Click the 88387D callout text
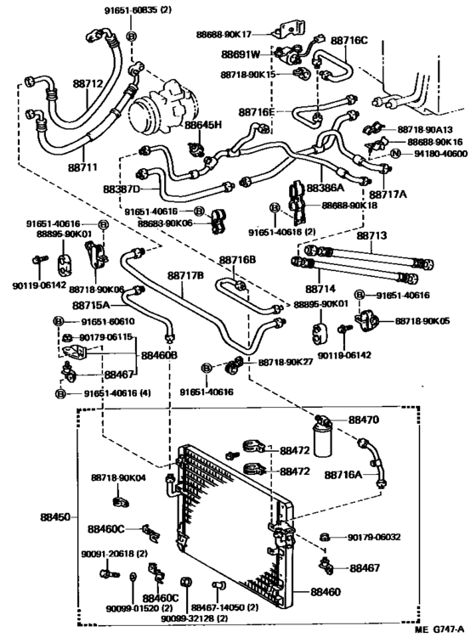coord(122,189)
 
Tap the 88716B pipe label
coord(237,261)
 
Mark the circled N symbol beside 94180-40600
coord(395,154)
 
